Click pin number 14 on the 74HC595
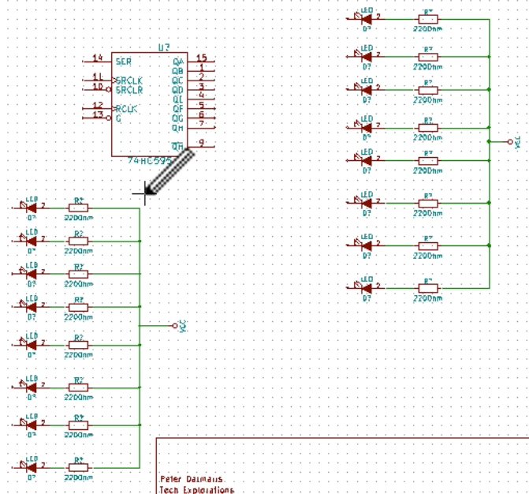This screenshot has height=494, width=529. (x=98, y=58)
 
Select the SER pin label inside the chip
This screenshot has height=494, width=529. (x=123, y=61)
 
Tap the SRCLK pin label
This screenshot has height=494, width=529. (x=128, y=80)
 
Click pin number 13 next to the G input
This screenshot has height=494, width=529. (x=98, y=114)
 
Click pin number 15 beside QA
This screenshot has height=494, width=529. (x=202, y=58)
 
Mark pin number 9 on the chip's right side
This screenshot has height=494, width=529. (x=203, y=143)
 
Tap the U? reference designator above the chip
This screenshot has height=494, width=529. (x=163, y=49)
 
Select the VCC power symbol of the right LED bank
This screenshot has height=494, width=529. (x=514, y=142)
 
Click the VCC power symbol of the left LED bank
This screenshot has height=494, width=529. (x=180, y=325)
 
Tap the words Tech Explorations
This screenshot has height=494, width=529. (x=197, y=490)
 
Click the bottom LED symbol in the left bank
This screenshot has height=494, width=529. (x=32, y=467)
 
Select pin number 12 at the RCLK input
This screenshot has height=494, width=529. (x=98, y=105)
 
